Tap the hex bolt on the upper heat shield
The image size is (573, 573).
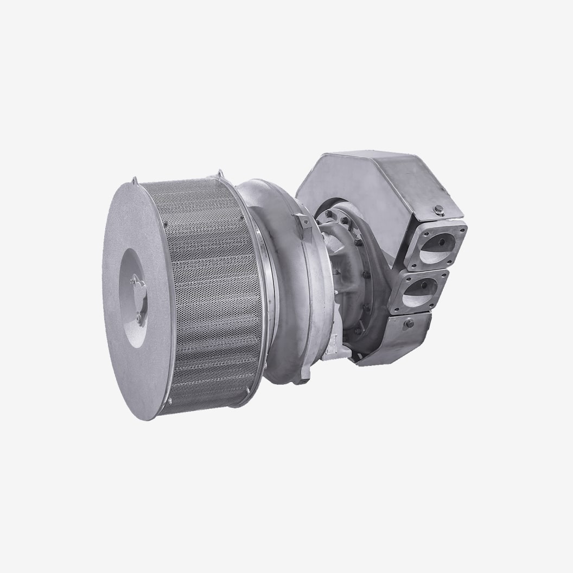pyautogui.click(x=438, y=211)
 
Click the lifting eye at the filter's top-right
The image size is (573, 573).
pyautogui.click(x=219, y=174)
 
